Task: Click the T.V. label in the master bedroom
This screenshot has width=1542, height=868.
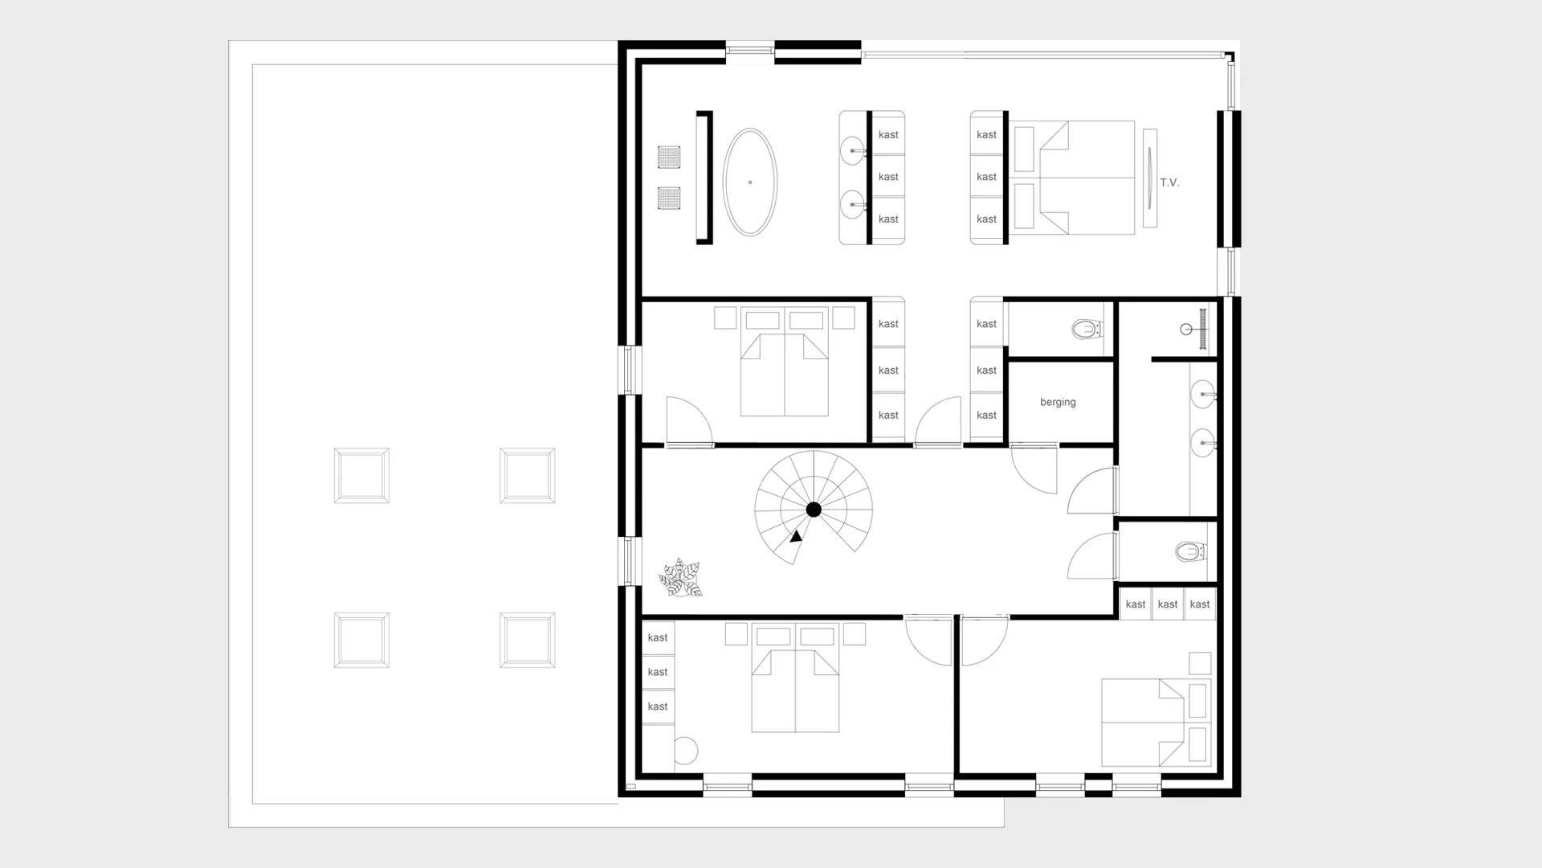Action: pyautogui.click(x=1169, y=182)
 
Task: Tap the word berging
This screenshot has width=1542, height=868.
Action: pyautogui.click(x=1058, y=402)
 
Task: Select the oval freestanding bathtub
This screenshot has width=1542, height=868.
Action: pyautogui.click(x=750, y=182)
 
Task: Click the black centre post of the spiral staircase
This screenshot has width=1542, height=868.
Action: pyautogui.click(x=814, y=510)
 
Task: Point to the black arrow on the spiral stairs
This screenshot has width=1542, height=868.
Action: pyautogui.click(x=796, y=536)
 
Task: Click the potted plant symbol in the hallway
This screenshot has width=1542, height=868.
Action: pyautogui.click(x=681, y=578)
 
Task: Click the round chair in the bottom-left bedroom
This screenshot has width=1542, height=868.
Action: pyautogui.click(x=685, y=751)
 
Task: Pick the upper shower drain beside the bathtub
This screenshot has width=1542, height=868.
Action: pyautogui.click(x=669, y=157)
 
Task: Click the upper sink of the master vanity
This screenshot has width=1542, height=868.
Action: pyautogui.click(x=853, y=150)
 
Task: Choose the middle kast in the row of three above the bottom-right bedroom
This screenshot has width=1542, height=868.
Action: pyautogui.click(x=1168, y=604)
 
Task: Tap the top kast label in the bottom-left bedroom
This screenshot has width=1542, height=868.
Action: pyautogui.click(x=658, y=637)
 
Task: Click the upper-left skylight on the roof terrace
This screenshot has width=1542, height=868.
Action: pyautogui.click(x=361, y=476)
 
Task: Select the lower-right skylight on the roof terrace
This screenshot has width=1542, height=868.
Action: pyautogui.click(x=527, y=641)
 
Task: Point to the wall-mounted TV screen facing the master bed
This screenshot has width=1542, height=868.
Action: pyautogui.click(x=1150, y=178)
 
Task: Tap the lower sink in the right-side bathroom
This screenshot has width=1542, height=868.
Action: pyautogui.click(x=1202, y=443)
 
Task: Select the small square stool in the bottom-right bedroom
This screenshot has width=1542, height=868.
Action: pyautogui.click(x=1200, y=663)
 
